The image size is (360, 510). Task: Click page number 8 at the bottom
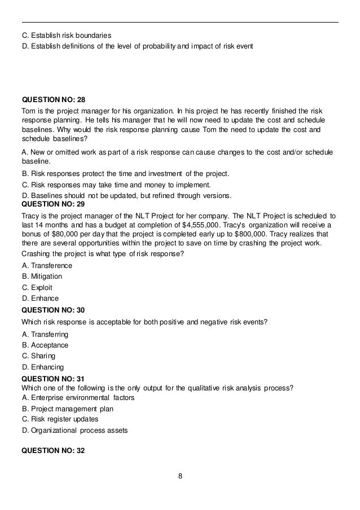click(180, 476)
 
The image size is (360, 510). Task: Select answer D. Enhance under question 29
click(40, 298)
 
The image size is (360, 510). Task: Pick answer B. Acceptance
click(45, 345)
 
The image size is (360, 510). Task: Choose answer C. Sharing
click(38, 356)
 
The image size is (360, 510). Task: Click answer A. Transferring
click(45, 334)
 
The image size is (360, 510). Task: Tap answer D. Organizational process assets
click(74, 430)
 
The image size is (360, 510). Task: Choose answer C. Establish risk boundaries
click(67, 35)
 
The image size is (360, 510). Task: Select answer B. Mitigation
click(42, 276)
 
